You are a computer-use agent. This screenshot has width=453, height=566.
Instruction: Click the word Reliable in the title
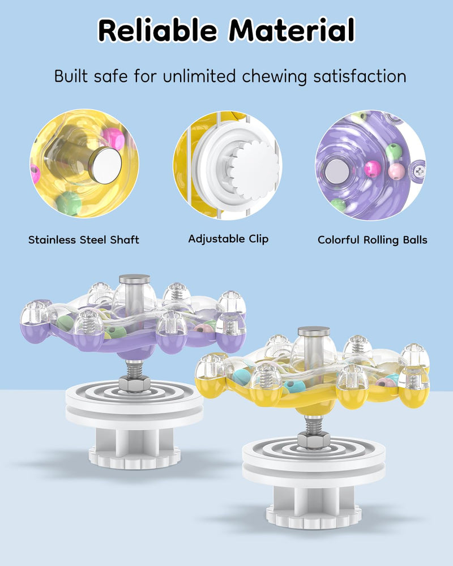coord(157,31)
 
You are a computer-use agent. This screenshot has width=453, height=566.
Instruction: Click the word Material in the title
coord(292,31)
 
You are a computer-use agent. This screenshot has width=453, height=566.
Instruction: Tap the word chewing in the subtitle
coord(274,77)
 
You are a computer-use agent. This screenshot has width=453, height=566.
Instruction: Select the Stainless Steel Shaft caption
coord(84,240)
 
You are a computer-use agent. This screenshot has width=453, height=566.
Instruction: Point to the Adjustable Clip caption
coord(228,239)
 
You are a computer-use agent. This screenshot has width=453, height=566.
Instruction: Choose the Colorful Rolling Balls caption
coord(373,240)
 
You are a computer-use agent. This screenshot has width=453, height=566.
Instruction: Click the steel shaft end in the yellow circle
coord(105,165)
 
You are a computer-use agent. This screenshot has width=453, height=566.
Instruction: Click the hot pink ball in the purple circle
coord(373,169)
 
